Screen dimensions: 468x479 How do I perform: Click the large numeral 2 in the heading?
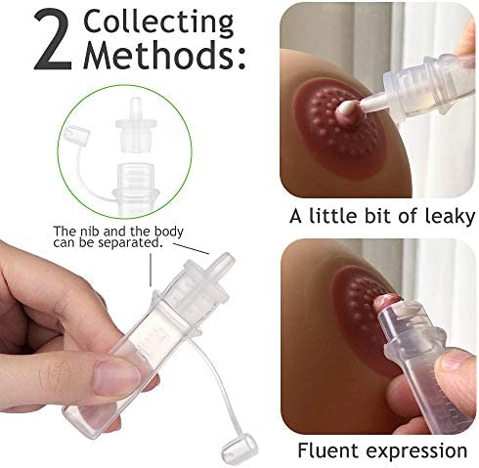(52, 42)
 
